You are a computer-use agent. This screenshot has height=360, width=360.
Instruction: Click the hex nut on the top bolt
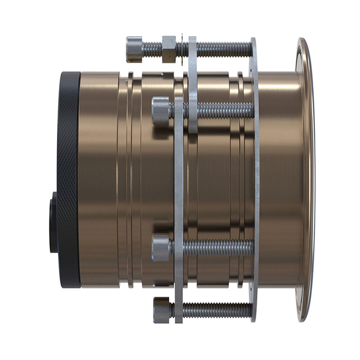[169, 49]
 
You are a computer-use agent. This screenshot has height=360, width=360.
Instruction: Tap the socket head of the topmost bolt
[135, 49]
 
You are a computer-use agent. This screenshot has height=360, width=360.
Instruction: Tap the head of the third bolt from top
[160, 247]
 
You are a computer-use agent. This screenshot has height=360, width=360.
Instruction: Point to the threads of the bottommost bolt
[216, 310]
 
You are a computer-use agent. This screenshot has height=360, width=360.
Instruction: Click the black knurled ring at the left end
[69, 180]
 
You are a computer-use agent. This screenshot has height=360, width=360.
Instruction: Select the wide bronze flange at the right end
[306, 180]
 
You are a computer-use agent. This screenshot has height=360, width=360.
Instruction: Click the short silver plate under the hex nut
[193, 85]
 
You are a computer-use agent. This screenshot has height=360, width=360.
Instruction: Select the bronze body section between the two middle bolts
[211, 180]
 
